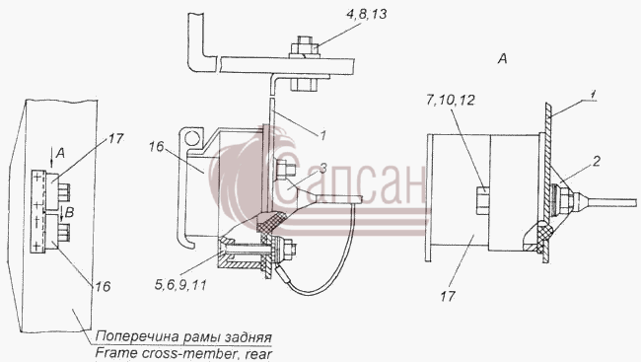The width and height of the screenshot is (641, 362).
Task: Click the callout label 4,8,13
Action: [366, 15]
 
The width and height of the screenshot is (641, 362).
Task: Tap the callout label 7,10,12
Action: [450, 101]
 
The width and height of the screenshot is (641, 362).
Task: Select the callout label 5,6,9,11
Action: [180, 285]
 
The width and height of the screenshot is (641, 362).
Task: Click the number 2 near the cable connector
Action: [596, 161]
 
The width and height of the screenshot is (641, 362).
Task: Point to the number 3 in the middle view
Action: [322, 168]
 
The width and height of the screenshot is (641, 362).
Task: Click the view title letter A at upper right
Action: [502, 59]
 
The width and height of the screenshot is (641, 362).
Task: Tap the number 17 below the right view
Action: [448, 296]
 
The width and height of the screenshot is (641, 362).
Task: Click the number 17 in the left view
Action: [115, 139]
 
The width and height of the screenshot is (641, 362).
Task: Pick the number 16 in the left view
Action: [103, 286]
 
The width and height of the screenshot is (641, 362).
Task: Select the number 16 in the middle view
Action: [156, 146]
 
